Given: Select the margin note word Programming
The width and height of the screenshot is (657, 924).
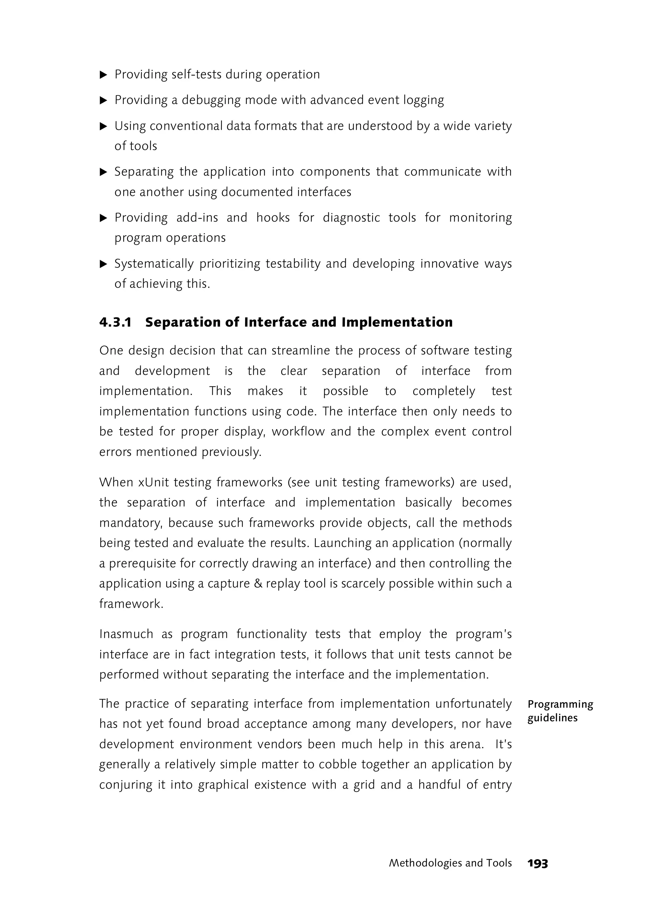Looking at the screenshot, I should [560, 704].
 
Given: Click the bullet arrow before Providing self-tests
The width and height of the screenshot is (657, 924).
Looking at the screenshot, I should [104, 75].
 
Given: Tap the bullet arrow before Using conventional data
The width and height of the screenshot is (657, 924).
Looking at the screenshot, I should [104, 126].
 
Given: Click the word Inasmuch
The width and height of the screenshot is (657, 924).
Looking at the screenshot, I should [126, 634].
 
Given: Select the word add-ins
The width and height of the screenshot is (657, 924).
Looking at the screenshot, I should [197, 218].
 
